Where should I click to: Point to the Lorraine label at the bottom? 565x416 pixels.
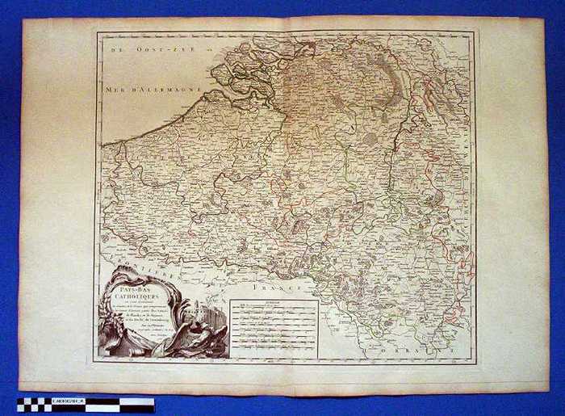pyautogui.click(x=412, y=351)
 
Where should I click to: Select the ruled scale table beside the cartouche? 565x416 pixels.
pyautogui.click(x=273, y=327)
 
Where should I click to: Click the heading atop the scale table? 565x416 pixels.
pyautogui.click(x=273, y=304)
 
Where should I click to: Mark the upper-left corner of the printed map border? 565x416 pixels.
pyautogui.click(x=97, y=32)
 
